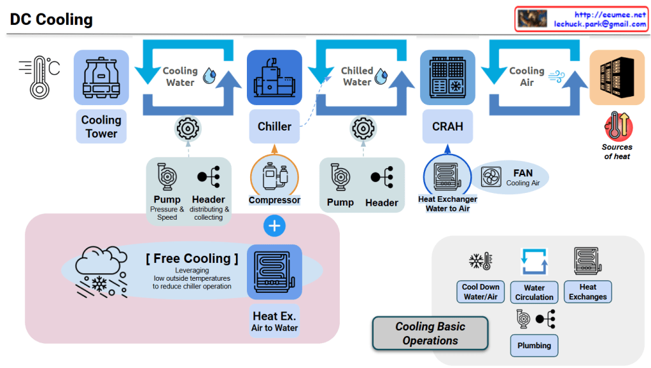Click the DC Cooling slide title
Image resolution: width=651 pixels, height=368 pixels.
pos(52,20)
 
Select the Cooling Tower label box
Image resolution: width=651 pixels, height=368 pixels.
pos(101,127)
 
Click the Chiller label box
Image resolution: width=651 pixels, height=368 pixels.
pos(274,127)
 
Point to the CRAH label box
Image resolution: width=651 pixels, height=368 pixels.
pos(447,127)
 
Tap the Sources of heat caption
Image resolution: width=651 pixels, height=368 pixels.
pos(617,152)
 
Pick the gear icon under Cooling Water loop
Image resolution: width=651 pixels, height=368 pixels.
pos(188,129)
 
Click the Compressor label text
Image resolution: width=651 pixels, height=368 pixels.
pos(274,200)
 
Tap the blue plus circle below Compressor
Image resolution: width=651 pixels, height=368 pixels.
pos(274,225)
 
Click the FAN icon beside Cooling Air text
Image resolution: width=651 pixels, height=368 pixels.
pos(492,176)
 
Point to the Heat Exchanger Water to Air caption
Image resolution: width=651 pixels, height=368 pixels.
pos(447,204)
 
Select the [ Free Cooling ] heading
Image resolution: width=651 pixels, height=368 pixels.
pos(192,258)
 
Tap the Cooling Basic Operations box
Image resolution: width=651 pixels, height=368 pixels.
pos(430,334)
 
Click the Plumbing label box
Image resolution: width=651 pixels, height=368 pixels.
pos(534,345)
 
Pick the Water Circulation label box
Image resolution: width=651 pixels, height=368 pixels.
pos(534,292)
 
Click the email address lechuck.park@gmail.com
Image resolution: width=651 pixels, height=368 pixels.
pos(599,24)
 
